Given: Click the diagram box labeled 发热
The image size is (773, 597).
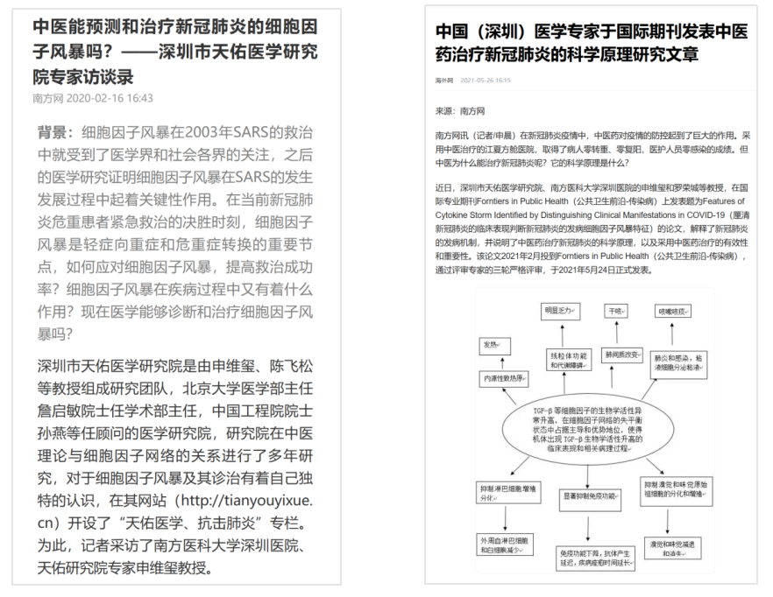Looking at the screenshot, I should tap(491, 344).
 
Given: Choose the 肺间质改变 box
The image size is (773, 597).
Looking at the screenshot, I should tap(622, 356).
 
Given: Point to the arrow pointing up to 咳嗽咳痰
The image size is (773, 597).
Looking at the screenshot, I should tap(674, 334).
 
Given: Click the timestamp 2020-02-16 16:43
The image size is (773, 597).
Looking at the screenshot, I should tap(110, 98).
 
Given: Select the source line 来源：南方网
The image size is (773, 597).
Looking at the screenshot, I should tap(459, 111).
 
